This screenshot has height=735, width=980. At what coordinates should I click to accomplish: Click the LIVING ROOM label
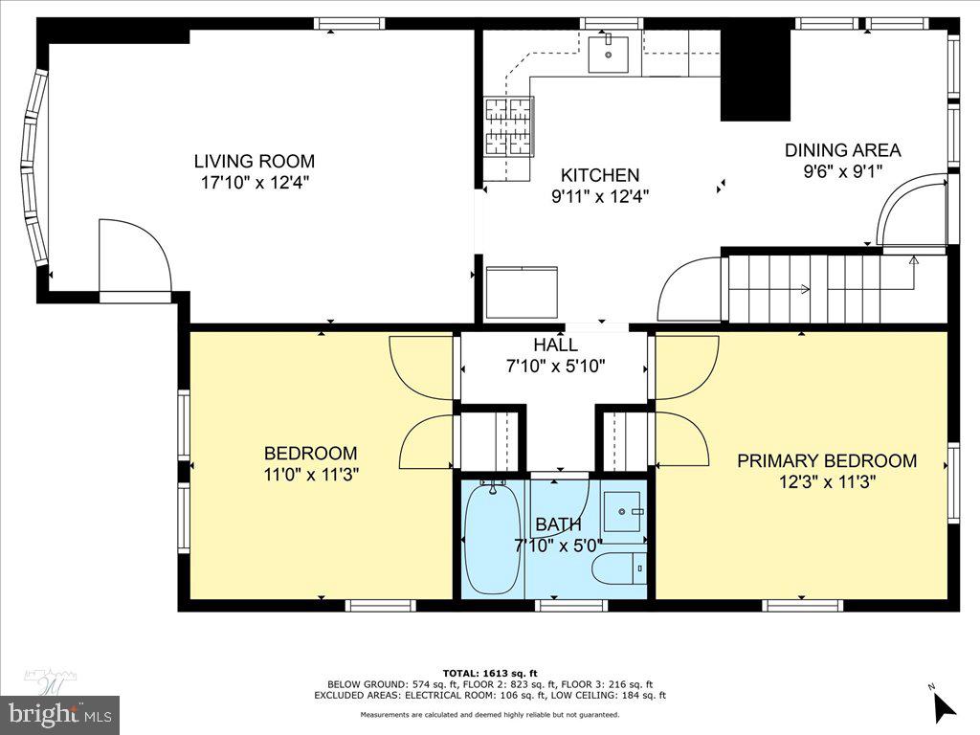pos(254,162)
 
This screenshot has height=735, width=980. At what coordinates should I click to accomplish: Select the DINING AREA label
pos(842,150)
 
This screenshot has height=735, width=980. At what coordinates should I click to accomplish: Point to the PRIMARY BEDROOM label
pos(827,461)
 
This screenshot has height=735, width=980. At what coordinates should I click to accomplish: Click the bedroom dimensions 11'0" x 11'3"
pos(311,474)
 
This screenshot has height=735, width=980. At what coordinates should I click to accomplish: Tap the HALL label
pos(555,345)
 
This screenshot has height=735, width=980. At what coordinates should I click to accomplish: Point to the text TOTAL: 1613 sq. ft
pos(489,673)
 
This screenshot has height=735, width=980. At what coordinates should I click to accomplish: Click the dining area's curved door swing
pos(910,211)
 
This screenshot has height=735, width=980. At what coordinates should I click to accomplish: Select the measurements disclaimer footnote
pos(489,715)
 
